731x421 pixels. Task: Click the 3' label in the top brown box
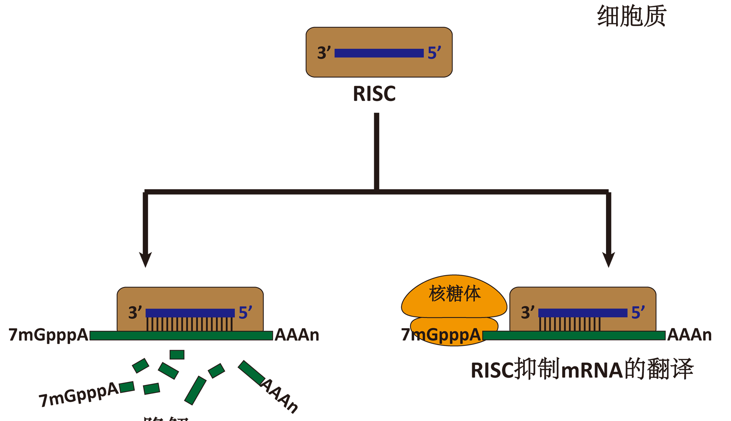point(324,53)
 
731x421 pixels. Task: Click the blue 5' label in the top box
point(434,53)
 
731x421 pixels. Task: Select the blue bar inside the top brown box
point(379,53)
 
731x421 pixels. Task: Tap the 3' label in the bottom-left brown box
point(135,313)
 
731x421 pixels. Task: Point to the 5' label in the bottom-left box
point(245,313)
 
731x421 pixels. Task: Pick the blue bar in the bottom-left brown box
point(190,313)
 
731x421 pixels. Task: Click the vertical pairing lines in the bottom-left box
point(189,324)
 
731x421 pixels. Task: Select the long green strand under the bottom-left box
point(181,336)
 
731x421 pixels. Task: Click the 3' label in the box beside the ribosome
point(527,313)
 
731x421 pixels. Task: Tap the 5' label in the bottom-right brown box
point(638,313)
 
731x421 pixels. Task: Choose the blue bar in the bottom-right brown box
point(583,313)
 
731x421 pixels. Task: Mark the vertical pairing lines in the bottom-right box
point(570,324)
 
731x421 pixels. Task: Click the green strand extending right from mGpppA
point(574,336)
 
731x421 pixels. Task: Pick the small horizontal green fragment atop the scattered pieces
point(177,354)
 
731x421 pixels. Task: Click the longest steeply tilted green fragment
point(195,390)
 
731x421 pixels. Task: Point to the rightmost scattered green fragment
point(251,373)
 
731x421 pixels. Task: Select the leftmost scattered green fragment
point(127,387)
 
